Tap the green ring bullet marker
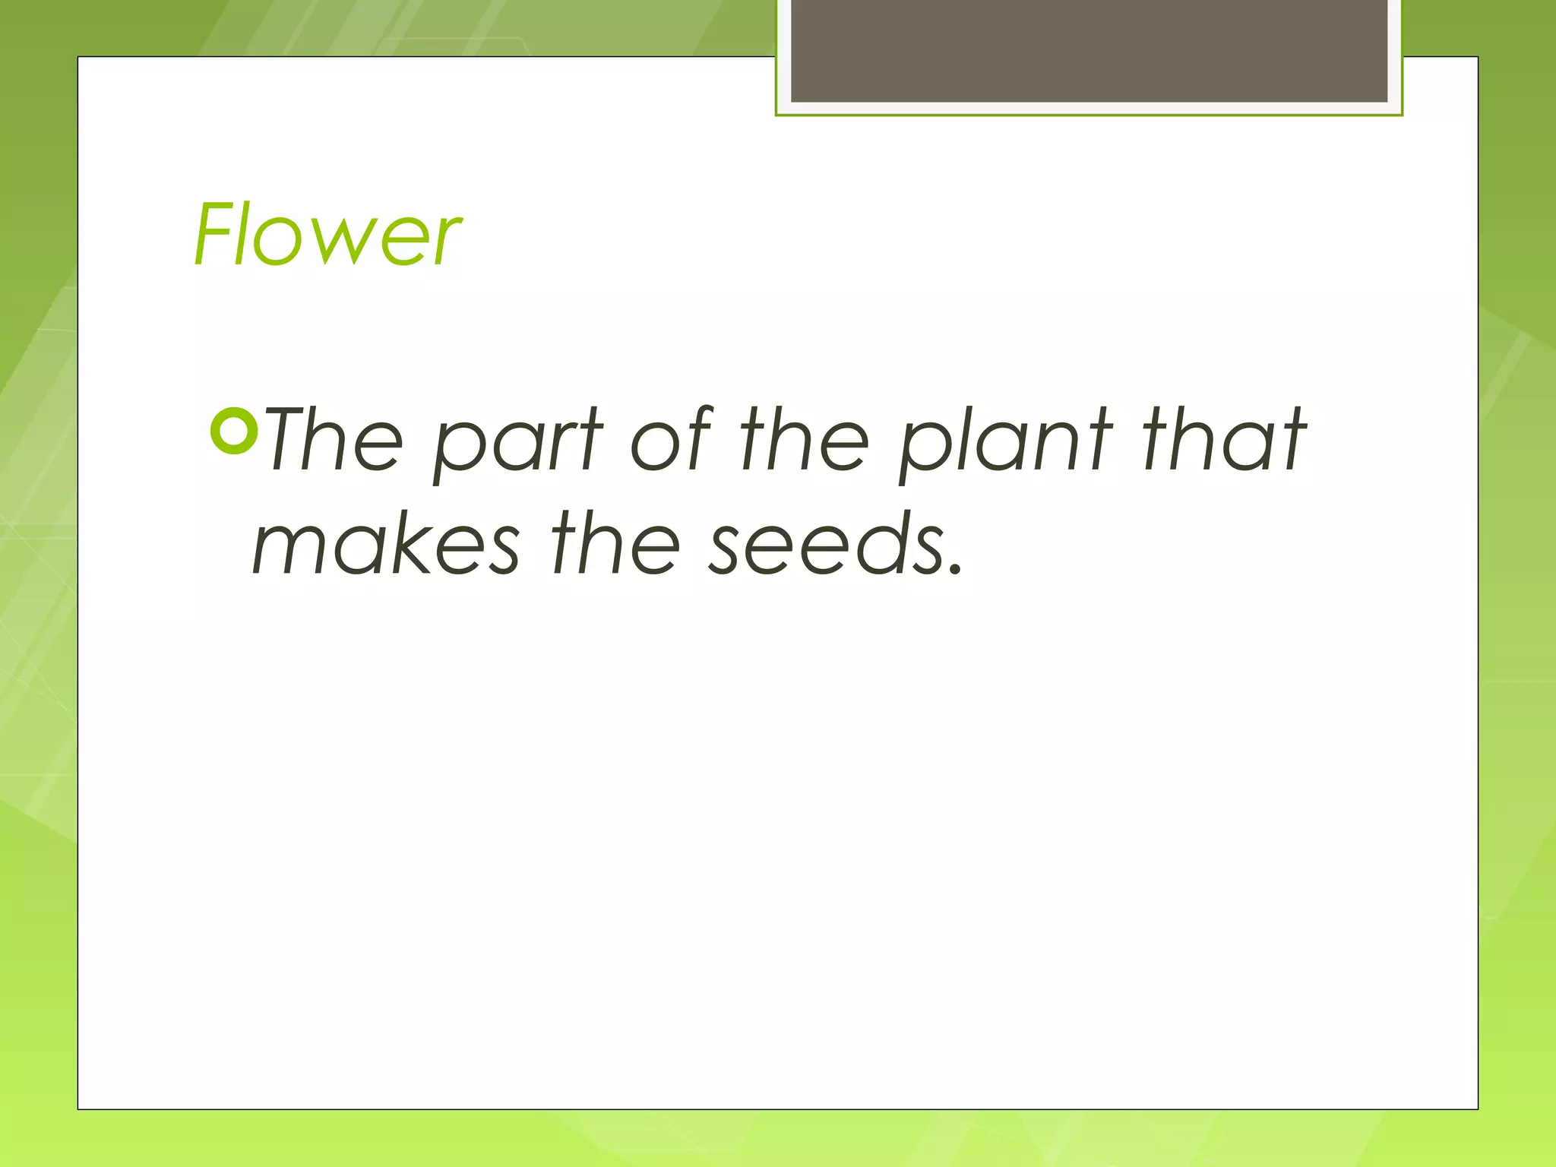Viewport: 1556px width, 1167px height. [x=235, y=431]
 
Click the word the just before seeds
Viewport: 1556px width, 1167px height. [x=616, y=542]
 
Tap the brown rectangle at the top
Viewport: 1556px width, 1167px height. [x=1089, y=50]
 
